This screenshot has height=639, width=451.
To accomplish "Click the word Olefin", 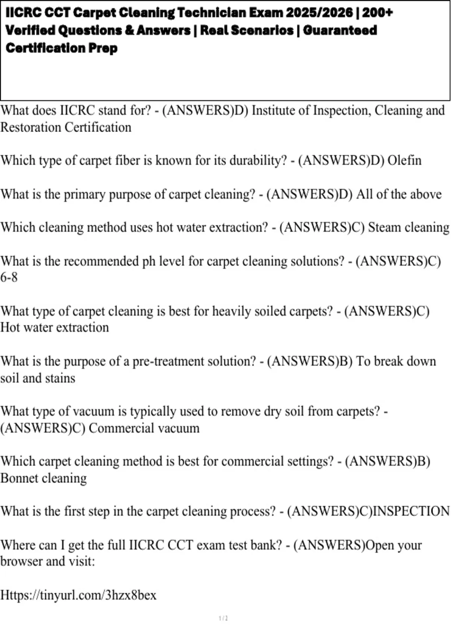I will coord(404,161).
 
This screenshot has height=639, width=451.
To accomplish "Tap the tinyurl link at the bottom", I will coord(78,595).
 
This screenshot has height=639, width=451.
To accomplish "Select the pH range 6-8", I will coord(9,277).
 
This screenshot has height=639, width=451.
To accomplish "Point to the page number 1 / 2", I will coord(223,618).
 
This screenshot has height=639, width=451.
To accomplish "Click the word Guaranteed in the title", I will coord(340,30).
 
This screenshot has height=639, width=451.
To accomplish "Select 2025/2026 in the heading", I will coord(319,13).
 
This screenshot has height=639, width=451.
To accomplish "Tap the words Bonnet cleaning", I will coord(44,478).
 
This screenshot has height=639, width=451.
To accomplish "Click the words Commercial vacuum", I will coord(144,428).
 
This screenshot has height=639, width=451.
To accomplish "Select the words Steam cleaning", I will coord(409,227).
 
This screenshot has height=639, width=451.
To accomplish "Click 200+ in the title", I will coord(377,13).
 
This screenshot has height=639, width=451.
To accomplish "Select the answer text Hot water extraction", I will coord(54,327).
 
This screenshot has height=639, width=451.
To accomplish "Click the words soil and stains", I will coord(38,378).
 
